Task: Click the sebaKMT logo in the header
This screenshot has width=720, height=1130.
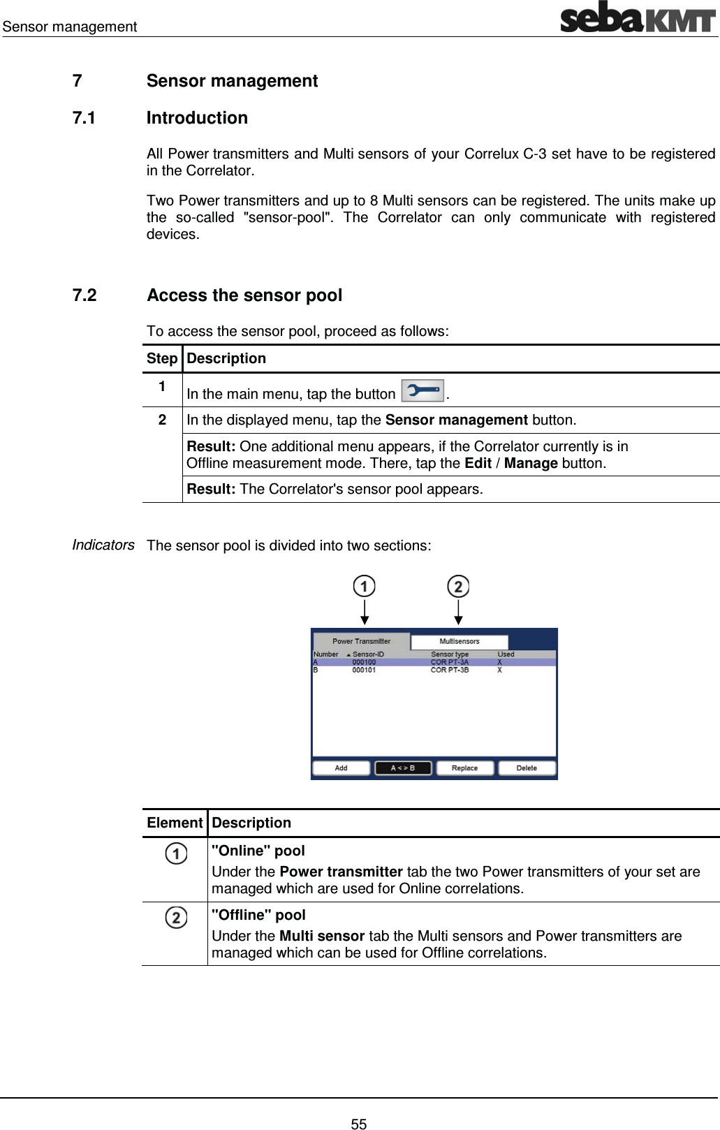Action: point(638,18)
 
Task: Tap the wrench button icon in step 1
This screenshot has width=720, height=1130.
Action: point(423,390)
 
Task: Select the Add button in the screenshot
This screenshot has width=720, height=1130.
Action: point(341,768)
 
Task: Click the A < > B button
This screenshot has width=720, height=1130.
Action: point(403,768)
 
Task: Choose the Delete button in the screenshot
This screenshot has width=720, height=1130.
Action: point(527,768)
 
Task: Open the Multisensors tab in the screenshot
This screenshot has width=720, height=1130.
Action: point(460,641)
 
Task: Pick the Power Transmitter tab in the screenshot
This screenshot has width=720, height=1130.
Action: point(361,641)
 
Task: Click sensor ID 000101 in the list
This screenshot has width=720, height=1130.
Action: point(364,670)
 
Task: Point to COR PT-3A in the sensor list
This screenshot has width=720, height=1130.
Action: point(450,662)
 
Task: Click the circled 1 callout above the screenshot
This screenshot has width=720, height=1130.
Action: point(364,586)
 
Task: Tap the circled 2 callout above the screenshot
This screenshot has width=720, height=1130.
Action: point(458,586)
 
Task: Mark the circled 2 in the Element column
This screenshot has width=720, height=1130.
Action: point(176,917)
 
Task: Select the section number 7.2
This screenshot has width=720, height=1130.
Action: point(85,295)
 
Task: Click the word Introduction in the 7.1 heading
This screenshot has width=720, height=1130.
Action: point(197,118)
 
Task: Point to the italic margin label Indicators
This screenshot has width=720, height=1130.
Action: point(103,545)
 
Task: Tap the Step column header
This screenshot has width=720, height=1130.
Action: point(162,358)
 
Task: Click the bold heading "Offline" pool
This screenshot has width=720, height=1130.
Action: point(258,915)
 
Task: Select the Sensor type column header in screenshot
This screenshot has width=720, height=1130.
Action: point(450,654)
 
